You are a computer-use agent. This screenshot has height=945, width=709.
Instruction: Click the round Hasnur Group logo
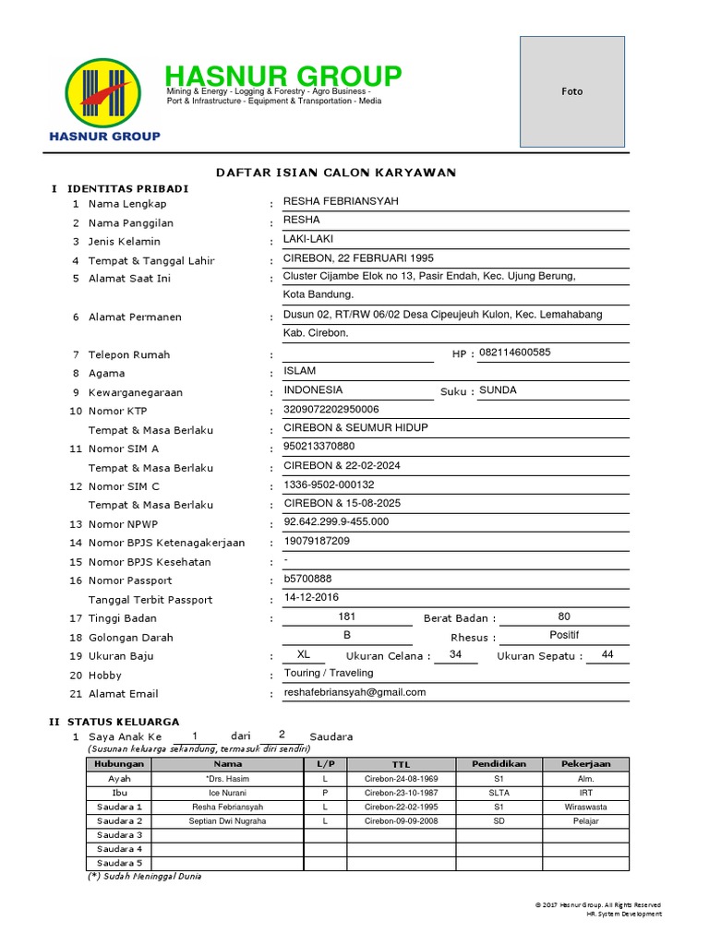104,92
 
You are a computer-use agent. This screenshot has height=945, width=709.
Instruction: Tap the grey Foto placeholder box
572,91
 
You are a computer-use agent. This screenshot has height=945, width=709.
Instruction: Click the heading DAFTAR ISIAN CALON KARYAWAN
336,173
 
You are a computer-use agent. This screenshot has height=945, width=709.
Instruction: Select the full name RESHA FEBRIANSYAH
342,202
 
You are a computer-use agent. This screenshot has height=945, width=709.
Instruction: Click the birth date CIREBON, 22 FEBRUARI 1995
358,258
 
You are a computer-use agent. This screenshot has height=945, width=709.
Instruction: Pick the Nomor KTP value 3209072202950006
331,409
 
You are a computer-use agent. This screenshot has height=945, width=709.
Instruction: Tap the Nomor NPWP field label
123,524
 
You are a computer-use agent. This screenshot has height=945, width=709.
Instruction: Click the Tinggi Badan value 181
347,616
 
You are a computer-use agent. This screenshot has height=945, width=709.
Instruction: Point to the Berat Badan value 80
564,616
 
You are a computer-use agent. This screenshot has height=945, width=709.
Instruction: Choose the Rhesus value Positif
564,635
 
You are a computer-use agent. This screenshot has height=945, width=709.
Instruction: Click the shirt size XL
304,654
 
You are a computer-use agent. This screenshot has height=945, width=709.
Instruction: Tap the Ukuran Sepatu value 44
607,654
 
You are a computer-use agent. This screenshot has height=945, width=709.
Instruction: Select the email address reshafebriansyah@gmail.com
354,692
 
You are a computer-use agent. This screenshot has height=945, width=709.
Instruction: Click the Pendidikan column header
499,764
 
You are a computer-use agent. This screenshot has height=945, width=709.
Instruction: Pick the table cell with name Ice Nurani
227,793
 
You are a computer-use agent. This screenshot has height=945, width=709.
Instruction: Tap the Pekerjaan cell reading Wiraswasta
585,807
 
